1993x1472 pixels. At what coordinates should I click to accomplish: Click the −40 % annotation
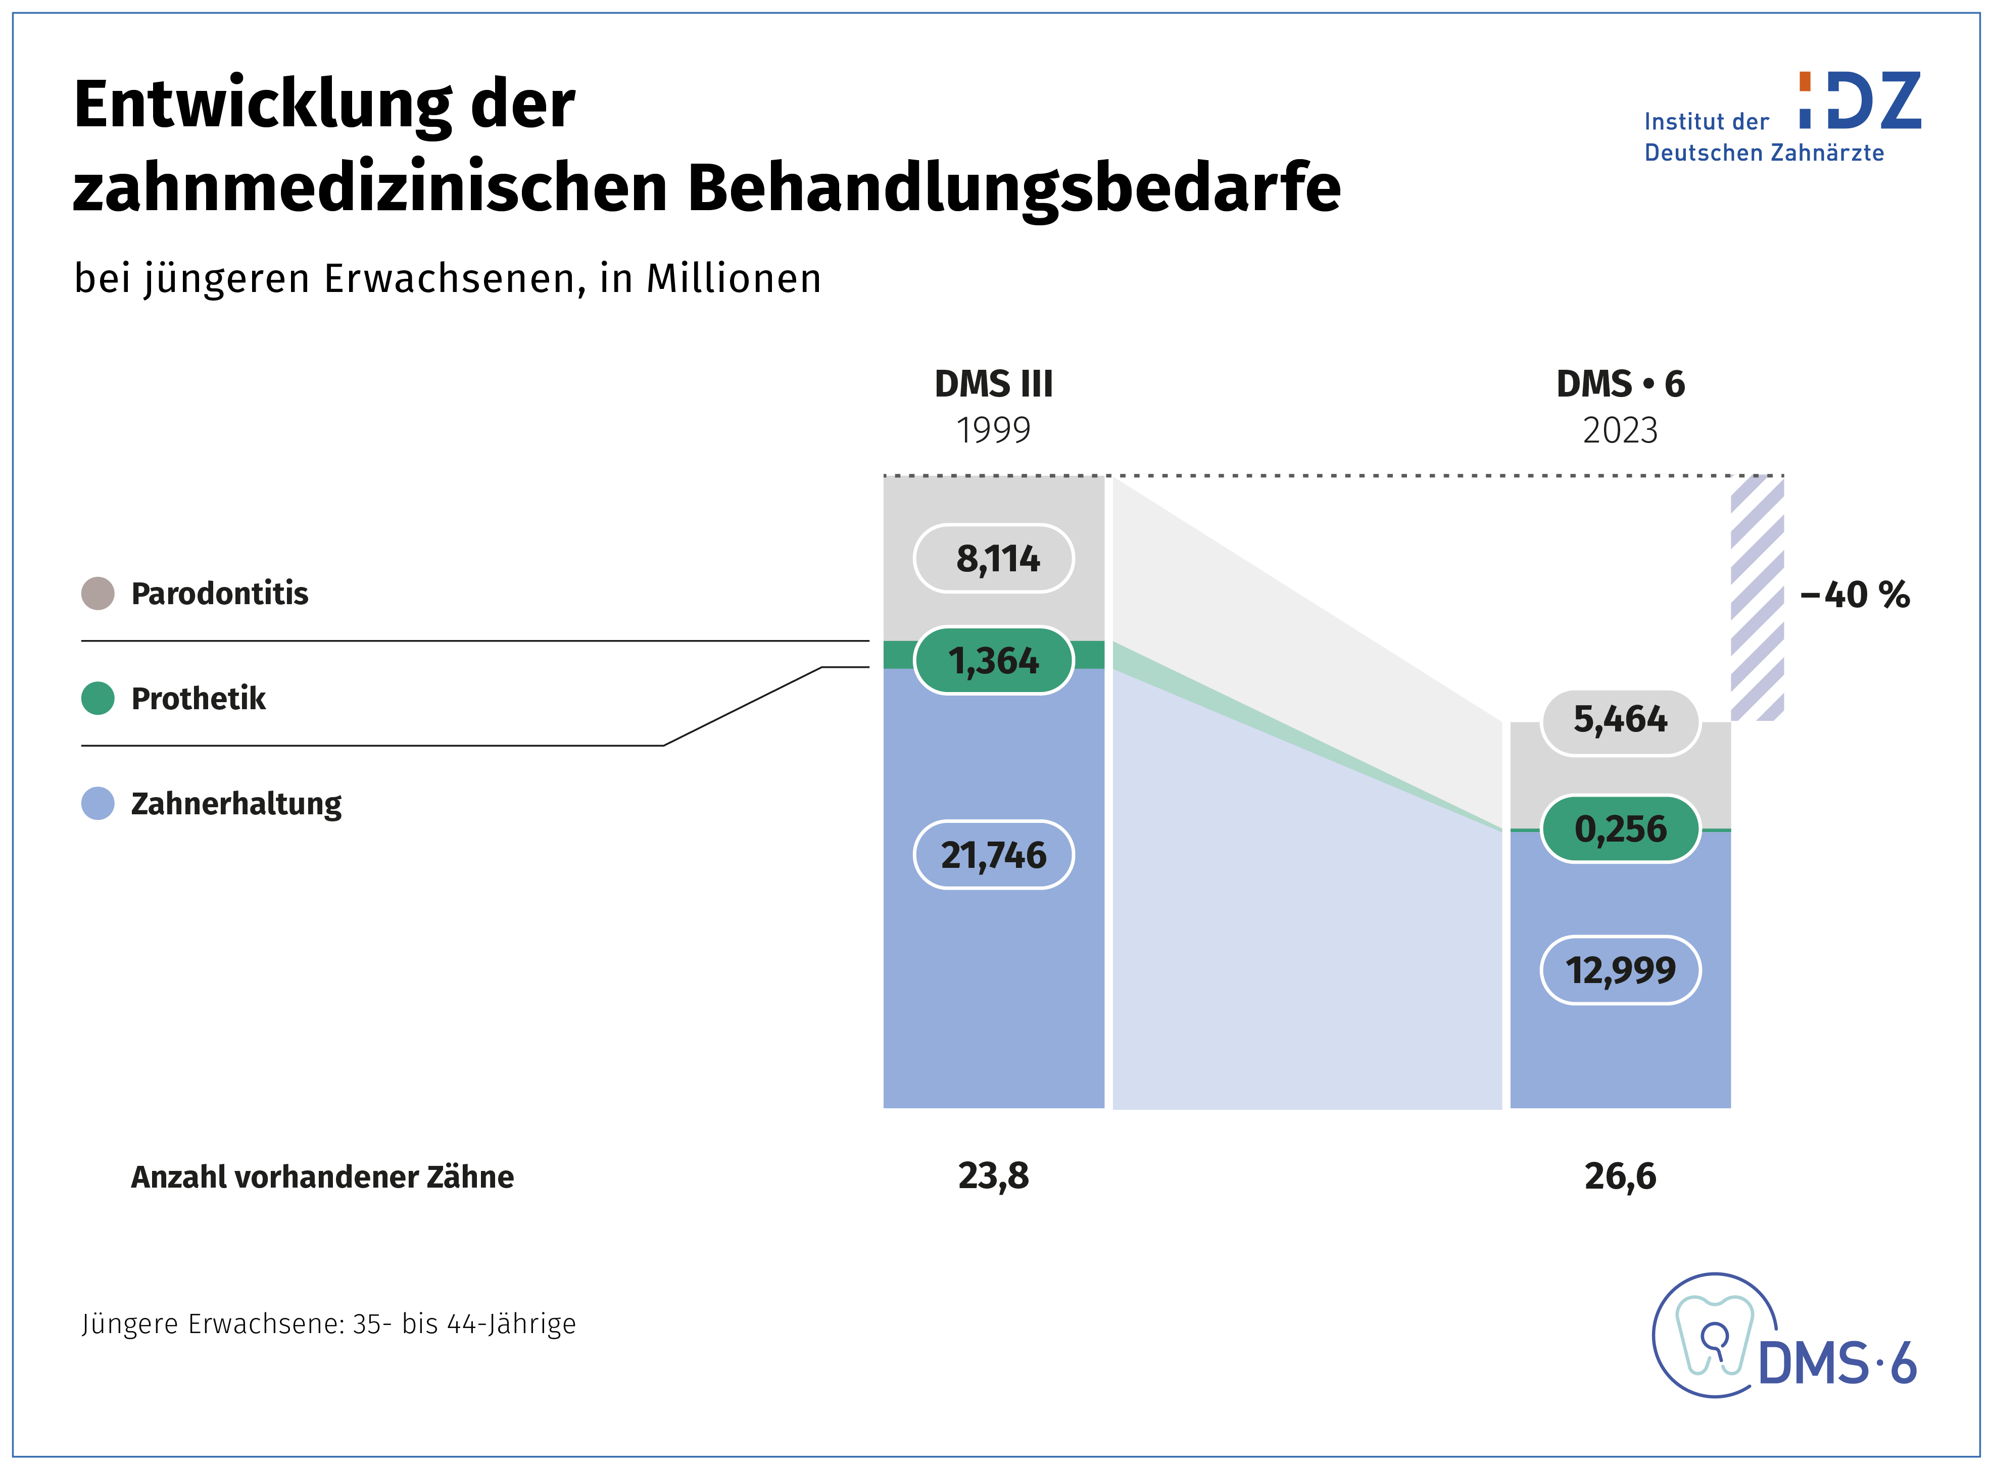click(x=1855, y=595)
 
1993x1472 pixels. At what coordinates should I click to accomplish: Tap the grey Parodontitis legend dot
click(x=98, y=594)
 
